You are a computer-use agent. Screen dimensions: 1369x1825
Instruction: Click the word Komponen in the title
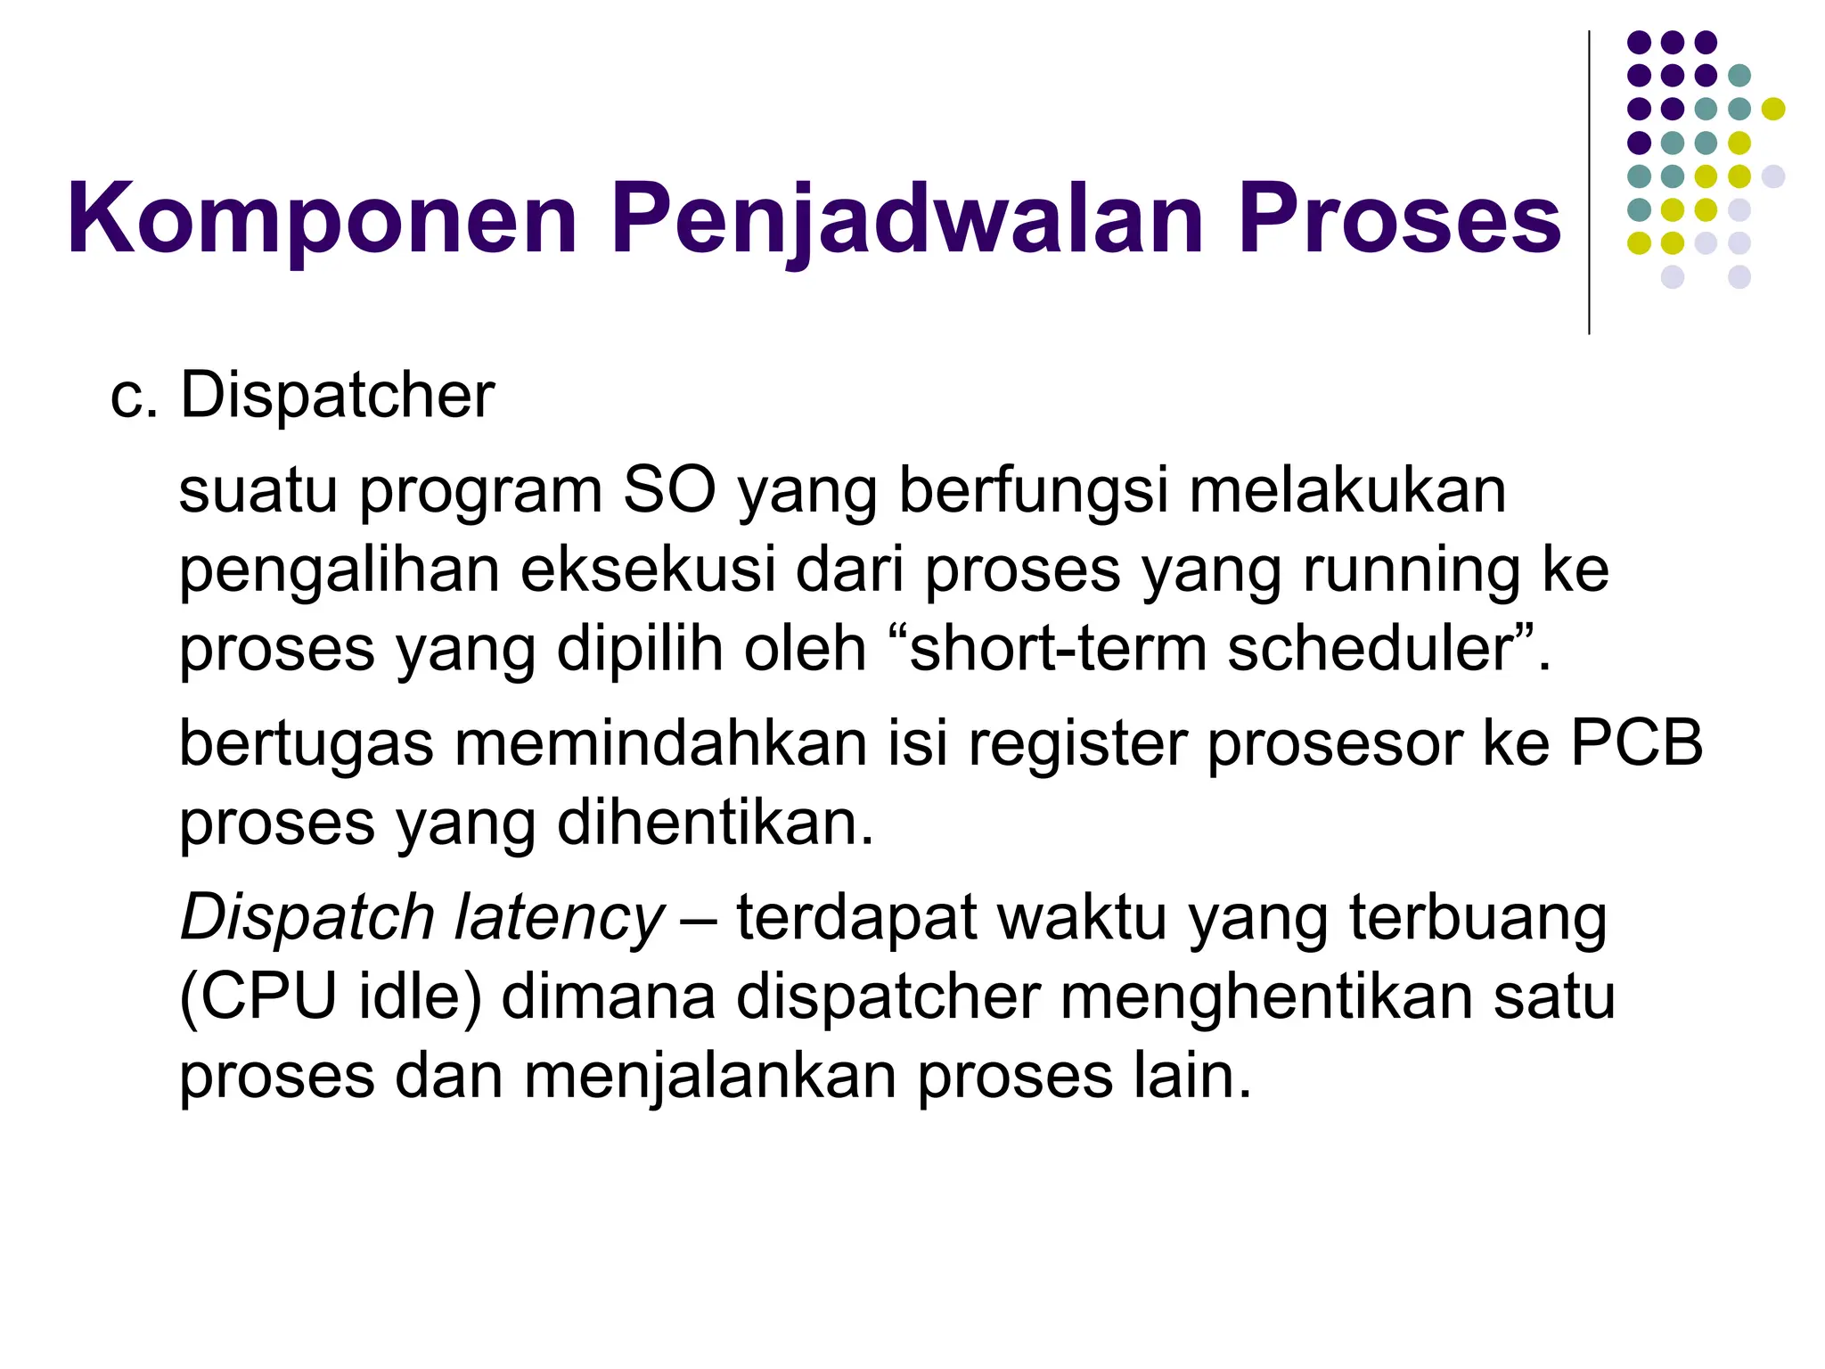coord(322,219)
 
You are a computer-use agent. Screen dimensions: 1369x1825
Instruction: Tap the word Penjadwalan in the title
coord(908,219)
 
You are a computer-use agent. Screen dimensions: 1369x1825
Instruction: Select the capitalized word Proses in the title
coord(1399,219)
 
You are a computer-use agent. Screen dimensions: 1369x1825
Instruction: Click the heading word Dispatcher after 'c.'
coord(337,395)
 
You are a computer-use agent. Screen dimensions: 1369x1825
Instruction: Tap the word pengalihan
coord(340,570)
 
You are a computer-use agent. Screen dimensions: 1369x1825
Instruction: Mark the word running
coord(1412,570)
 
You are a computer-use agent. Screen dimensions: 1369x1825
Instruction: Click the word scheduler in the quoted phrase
coord(1370,648)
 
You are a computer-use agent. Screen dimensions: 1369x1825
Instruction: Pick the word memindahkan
coord(660,742)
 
